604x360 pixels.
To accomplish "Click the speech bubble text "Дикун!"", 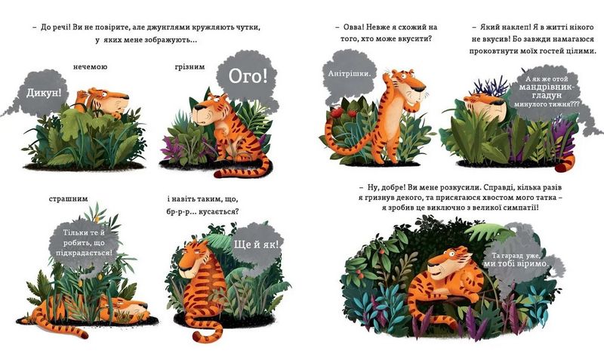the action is coord(44,93).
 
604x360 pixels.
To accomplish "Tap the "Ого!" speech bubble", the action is coord(248,77).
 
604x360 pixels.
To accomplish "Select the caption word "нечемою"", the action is coord(90,66).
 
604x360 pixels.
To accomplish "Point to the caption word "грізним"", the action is coord(190,67).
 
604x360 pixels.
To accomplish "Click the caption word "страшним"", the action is coord(69,199).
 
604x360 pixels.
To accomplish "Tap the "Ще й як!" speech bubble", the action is coord(257,244).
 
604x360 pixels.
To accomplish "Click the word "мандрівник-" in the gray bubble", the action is coord(546,87).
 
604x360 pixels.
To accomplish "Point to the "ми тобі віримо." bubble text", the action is coord(516,263).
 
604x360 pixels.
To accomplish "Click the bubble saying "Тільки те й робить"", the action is coord(84,243).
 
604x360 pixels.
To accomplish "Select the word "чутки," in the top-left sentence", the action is coord(248,28).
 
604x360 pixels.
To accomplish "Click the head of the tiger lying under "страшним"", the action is coord(132,307).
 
